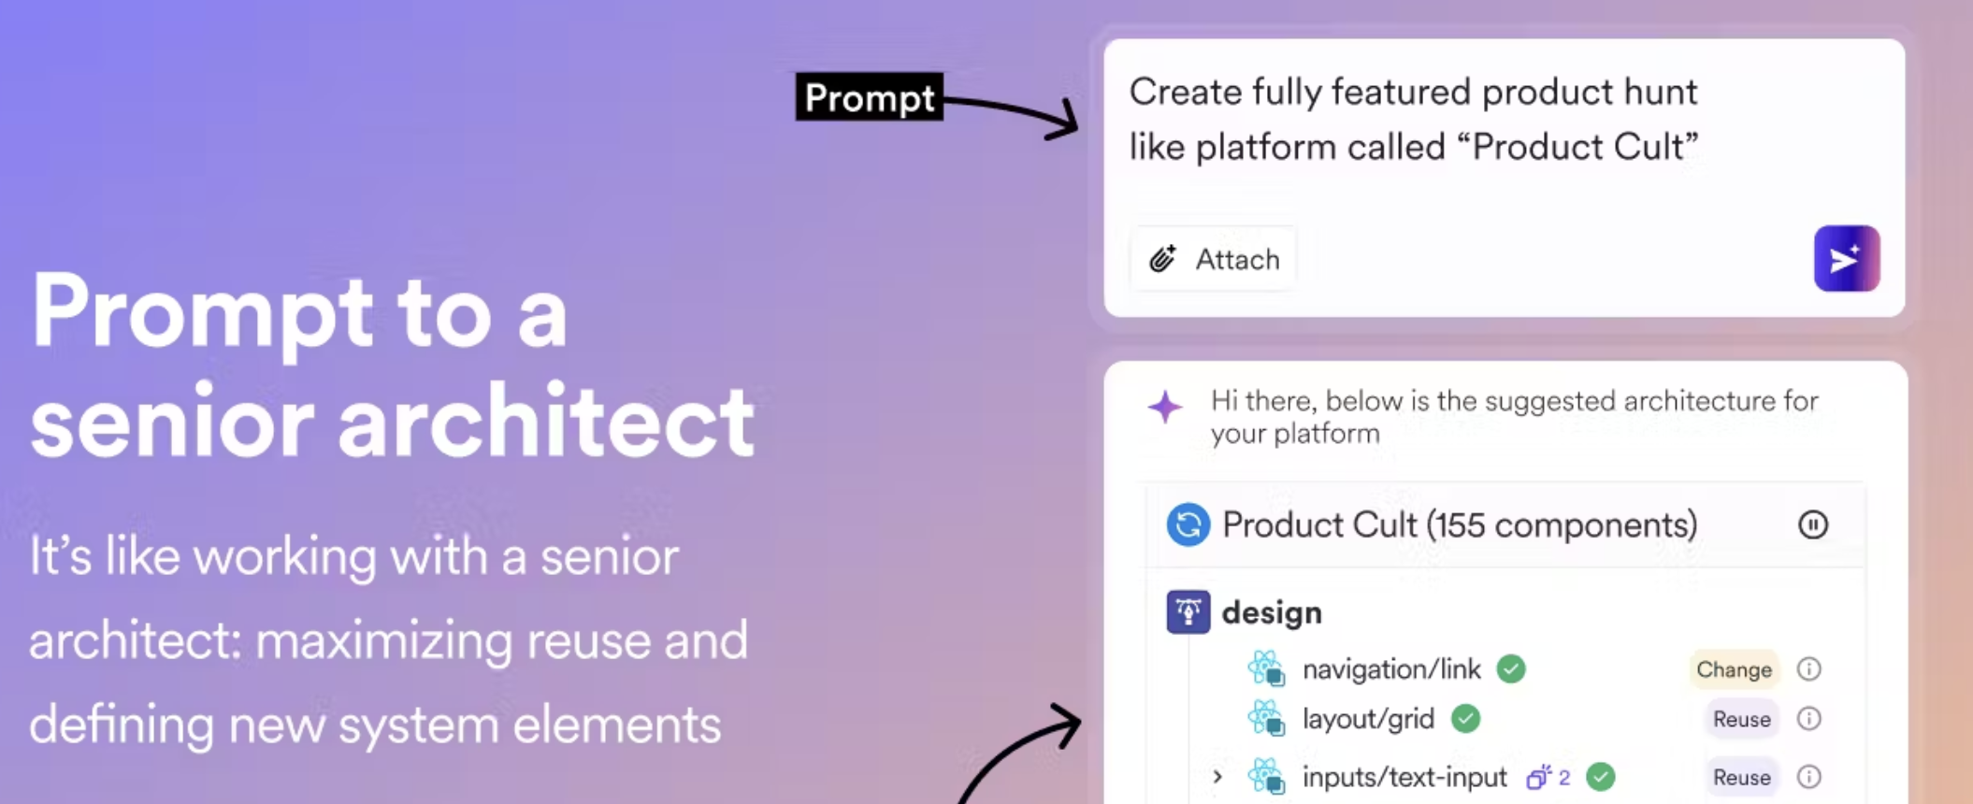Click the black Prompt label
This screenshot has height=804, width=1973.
pyautogui.click(x=869, y=97)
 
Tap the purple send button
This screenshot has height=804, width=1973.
pyautogui.click(x=1847, y=258)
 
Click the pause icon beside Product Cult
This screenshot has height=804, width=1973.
pyautogui.click(x=1812, y=524)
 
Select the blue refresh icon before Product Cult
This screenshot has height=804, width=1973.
pyautogui.click(x=1188, y=524)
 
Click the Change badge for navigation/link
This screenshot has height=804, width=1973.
pyautogui.click(x=1734, y=669)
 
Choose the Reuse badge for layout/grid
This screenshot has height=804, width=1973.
pyautogui.click(x=1741, y=719)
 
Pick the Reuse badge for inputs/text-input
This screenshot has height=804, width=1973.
pyautogui.click(x=1741, y=777)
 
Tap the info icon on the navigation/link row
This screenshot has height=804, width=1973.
pyautogui.click(x=1809, y=669)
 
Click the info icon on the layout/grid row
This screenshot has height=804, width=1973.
pyautogui.click(x=1809, y=719)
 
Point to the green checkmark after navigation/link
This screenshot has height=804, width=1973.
pyautogui.click(x=1511, y=669)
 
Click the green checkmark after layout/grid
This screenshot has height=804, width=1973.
pyautogui.click(x=1465, y=719)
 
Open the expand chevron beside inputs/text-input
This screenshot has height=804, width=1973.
pyautogui.click(x=1217, y=777)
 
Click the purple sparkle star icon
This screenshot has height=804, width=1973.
pyautogui.click(x=1165, y=407)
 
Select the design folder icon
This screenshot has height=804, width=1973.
pyautogui.click(x=1188, y=612)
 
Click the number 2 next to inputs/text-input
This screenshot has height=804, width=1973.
pyautogui.click(x=1564, y=777)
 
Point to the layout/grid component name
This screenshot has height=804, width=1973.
pyautogui.click(x=1368, y=719)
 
